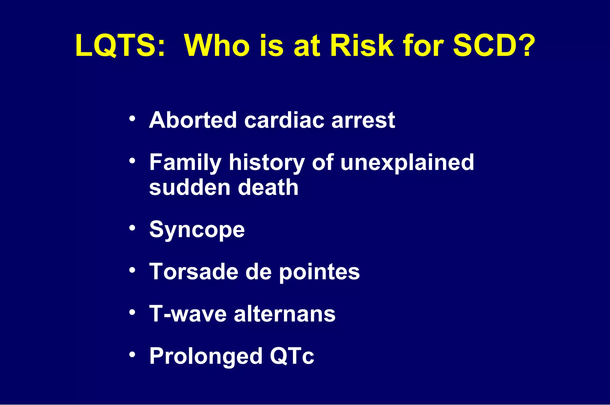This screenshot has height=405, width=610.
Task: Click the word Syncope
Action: point(197,230)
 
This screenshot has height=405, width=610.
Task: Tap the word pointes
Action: point(319,272)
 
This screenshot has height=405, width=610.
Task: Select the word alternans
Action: point(284,314)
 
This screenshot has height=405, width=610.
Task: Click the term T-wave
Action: point(188,314)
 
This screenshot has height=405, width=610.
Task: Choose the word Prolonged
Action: point(206,356)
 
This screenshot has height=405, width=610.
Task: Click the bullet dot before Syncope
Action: point(133,228)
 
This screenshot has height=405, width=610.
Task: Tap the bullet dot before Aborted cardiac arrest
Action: point(133,119)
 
